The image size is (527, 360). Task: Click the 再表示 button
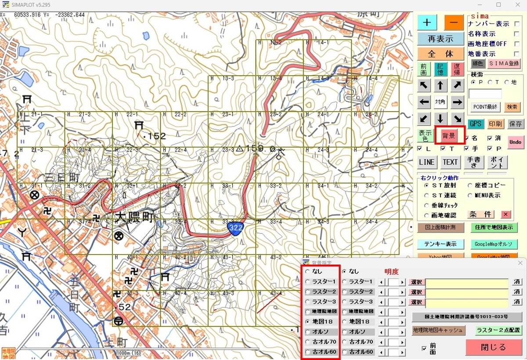click(440, 39)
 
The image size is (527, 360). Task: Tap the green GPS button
click(475, 124)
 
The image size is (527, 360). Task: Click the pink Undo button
click(515, 142)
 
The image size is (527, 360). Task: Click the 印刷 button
click(495, 124)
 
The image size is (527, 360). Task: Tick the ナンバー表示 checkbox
click(516, 24)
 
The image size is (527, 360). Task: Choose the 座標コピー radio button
click(470, 185)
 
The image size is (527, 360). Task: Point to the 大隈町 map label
click(134, 218)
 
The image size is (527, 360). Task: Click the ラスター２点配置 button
click(498, 330)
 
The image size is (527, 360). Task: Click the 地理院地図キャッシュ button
click(437, 330)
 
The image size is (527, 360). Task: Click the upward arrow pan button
click(440, 86)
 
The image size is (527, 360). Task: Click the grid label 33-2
click(275, 186)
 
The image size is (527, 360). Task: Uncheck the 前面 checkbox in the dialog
click(424, 349)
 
